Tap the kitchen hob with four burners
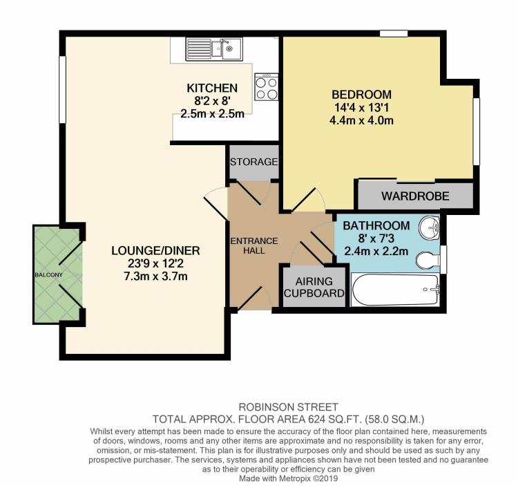point(266,86)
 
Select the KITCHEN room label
point(212,88)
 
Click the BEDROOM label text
point(361,95)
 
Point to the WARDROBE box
point(414,196)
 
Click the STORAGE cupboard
point(253,162)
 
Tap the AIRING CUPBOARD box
point(314,287)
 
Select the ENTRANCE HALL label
point(253,245)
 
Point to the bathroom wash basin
point(430,227)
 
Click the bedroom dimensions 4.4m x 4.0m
point(361,121)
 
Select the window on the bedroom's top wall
point(393,32)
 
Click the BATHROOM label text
point(376,225)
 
